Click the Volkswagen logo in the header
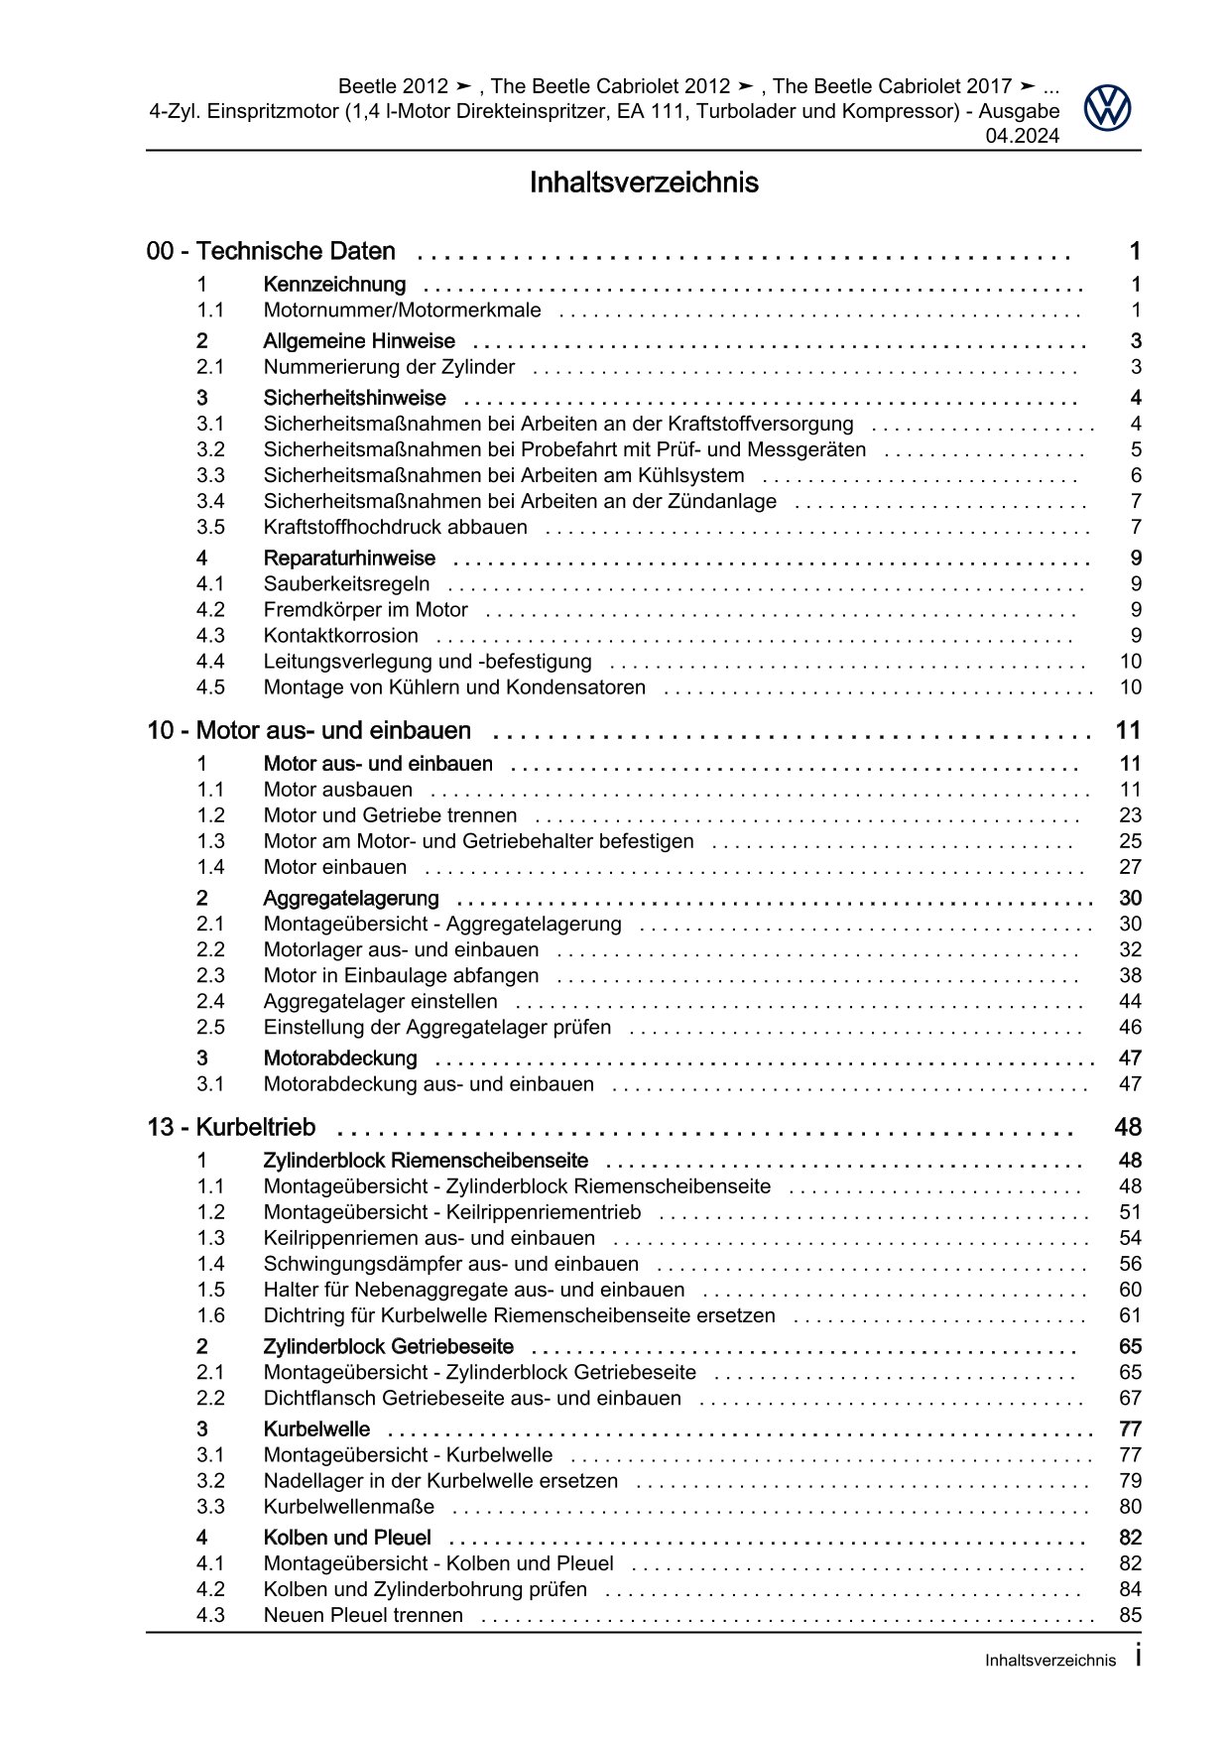pos(1107,107)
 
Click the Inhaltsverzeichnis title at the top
pos(644,184)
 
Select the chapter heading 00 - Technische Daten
pos(271,252)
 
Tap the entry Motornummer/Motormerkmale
pos(402,311)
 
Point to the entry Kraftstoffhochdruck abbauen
pos(395,528)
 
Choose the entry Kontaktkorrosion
pos(340,636)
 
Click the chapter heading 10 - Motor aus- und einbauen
pos(308,731)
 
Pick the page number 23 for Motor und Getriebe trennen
pos(1130,815)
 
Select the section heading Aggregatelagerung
pos(350,899)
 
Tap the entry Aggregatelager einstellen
pos(380,1002)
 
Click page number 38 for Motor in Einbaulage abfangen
pos(1130,976)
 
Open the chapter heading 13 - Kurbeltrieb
pos(231,1128)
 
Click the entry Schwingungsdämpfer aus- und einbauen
pos(450,1265)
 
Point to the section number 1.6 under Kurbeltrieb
pos(210,1316)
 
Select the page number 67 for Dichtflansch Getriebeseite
pos(1130,1399)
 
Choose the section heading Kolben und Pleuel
pos(346,1539)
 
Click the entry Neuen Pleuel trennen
pos(362,1616)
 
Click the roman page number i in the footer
pos(1138,1658)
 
